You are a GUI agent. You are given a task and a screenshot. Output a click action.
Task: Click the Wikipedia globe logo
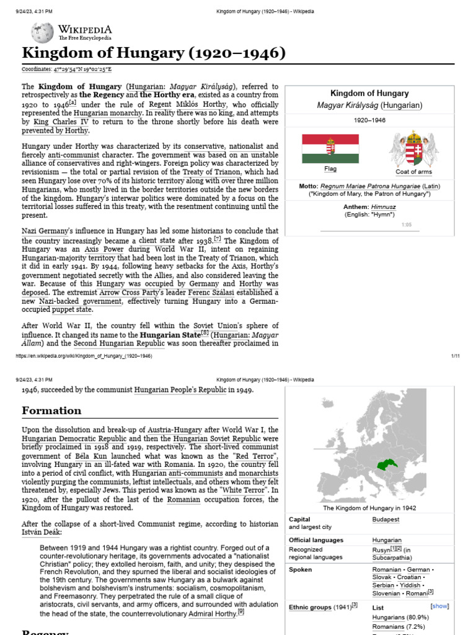click(42, 32)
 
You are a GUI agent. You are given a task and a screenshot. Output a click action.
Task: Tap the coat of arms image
click(413, 149)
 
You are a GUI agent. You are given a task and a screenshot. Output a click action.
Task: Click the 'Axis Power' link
click(96, 250)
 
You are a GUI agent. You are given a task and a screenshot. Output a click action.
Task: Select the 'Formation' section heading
click(51, 411)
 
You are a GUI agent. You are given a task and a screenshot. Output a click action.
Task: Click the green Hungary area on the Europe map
click(382, 464)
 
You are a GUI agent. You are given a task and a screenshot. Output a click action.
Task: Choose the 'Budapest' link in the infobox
click(386, 520)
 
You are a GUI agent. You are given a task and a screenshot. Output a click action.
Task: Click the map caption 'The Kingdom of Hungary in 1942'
click(369, 508)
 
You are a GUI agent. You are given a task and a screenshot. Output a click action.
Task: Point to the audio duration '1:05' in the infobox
click(407, 225)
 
